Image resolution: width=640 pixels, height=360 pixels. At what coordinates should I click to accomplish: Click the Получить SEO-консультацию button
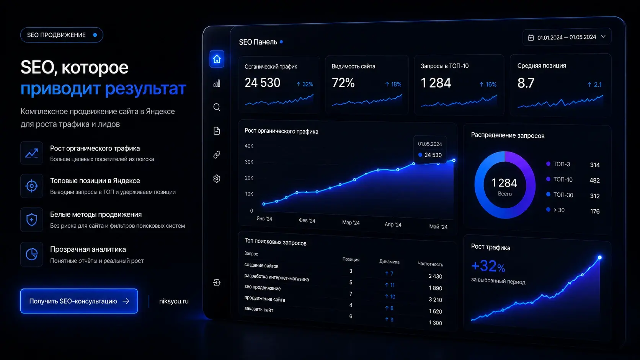[x=79, y=301]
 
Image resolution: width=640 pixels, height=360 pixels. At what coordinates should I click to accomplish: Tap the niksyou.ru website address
[x=174, y=301]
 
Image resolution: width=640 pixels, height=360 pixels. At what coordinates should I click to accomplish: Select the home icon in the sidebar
[x=217, y=59]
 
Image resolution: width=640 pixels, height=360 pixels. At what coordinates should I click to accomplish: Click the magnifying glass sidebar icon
[x=217, y=108]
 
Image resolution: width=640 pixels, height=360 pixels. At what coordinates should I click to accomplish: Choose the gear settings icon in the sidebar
[x=217, y=179]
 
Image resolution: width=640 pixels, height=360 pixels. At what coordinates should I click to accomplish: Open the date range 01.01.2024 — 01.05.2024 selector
[x=567, y=37]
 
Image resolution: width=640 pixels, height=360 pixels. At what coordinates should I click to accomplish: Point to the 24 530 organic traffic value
[x=262, y=83]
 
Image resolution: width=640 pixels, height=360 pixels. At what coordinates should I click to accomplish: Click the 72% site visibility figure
[x=343, y=83]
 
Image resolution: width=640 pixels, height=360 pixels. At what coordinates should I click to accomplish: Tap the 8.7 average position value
[x=526, y=83]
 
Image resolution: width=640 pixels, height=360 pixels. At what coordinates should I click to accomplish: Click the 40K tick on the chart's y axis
[x=249, y=146]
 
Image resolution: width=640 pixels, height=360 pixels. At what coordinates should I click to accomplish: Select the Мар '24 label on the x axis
[x=351, y=222]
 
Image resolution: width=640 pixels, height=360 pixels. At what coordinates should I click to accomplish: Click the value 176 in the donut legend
[x=595, y=211]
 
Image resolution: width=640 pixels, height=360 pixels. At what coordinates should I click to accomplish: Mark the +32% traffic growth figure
[x=488, y=266]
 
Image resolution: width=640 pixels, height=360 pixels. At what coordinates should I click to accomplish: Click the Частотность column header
[x=430, y=264]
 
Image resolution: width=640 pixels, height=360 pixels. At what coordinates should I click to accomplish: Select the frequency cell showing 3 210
[x=435, y=300]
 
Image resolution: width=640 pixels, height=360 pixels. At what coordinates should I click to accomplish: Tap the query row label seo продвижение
[x=262, y=287]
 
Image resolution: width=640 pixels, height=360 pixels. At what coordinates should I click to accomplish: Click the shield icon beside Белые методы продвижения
[x=32, y=220]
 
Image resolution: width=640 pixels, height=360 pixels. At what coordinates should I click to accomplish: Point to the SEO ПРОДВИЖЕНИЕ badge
[x=62, y=35]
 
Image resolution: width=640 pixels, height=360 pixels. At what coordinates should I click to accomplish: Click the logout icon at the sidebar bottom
[x=217, y=283]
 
